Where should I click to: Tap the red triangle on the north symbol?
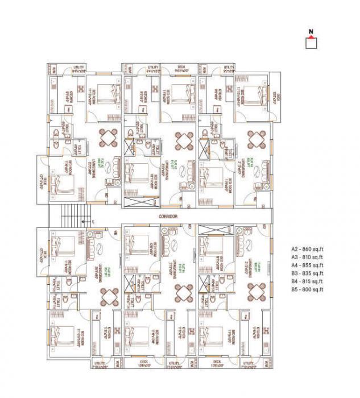click(x=311, y=38)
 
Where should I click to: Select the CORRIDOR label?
click(x=169, y=217)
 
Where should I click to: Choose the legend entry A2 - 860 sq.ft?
click(x=307, y=249)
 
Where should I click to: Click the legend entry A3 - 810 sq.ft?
click(x=307, y=257)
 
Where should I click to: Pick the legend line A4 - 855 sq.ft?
click(x=307, y=265)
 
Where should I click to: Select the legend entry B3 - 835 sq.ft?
click(x=307, y=273)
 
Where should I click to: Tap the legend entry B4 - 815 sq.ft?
click(x=307, y=281)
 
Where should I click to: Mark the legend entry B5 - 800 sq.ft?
click(x=307, y=289)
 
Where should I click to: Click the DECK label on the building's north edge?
click(x=181, y=67)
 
